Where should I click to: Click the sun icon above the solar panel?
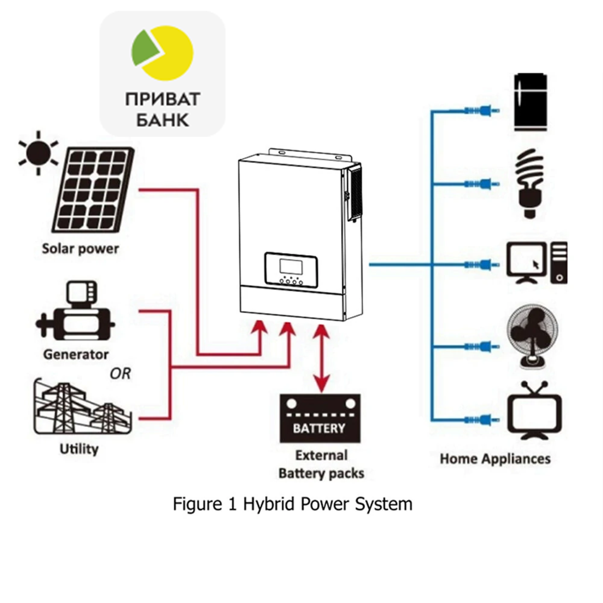38,153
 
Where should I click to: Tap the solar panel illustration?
93,190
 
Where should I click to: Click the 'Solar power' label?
81,249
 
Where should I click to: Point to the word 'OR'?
120,374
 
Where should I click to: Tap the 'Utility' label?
79,449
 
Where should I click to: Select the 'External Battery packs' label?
321,464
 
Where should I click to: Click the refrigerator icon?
530,103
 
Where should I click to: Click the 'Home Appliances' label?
495,459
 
